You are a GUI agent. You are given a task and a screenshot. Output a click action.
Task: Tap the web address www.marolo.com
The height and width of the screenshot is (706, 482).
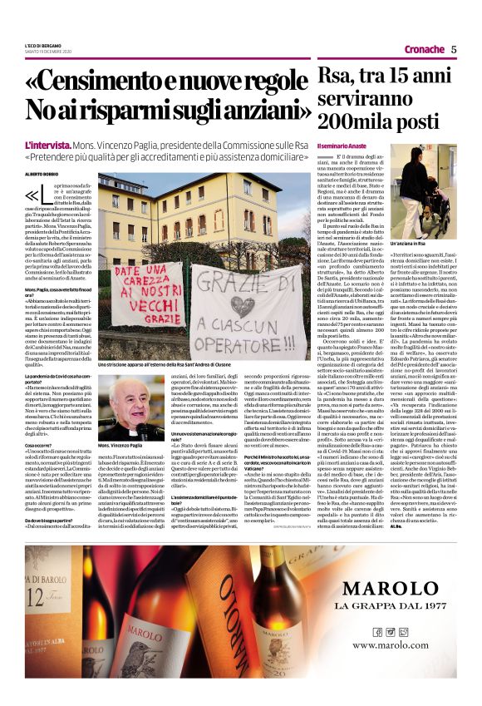tap(391, 644)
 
